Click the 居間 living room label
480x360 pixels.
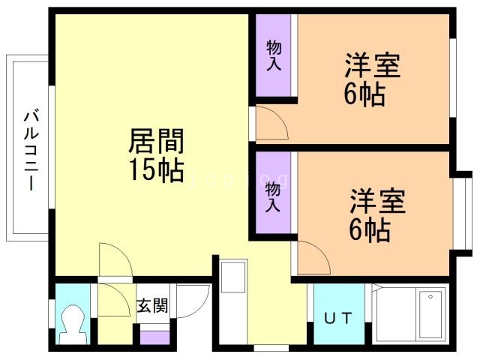click(x=157, y=140)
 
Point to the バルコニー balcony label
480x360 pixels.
click(x=31, y=150)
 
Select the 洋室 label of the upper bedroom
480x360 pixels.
click(x=372, y=65)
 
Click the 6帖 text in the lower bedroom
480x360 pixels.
click(x=370, y=230)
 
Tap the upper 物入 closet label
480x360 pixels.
click(x=274, y=55)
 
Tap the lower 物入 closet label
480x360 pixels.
click(x=274, y=196)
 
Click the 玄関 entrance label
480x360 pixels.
click(x=152, y=306)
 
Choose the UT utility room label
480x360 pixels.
click(x=337, y=317)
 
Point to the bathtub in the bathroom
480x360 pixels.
click(x=430, y=314)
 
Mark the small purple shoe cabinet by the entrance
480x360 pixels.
click(x=154, y=337)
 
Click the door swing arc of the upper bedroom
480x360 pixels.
click(x=271, y=122)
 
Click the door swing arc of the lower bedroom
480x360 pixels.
click(x=314, y=257)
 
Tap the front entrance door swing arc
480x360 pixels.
click(x=194, y=304)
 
